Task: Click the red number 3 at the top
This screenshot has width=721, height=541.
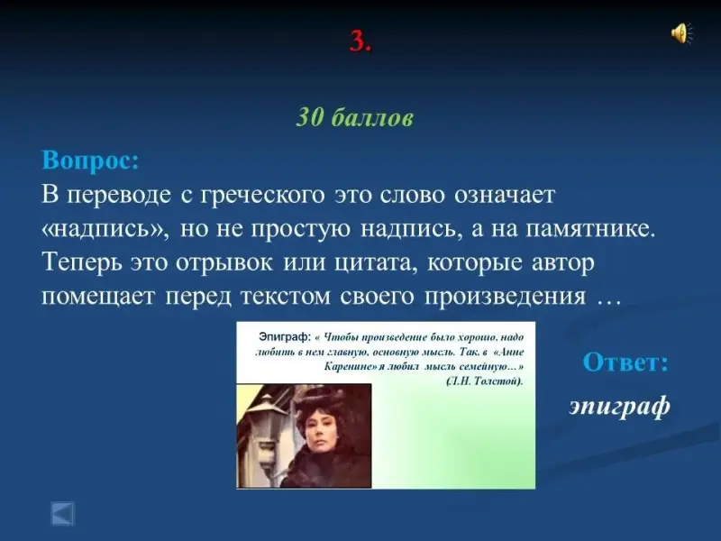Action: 359,41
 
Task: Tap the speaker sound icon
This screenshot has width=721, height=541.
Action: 681,33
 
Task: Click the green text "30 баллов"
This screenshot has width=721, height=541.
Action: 354,118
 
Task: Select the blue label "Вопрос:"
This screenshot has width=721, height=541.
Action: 90,160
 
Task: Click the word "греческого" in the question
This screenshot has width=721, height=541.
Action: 262,195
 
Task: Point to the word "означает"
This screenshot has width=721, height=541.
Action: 505,195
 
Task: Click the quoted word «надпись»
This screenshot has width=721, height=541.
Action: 105,229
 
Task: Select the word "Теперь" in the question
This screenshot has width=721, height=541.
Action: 82,262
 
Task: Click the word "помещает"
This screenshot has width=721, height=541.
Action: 98,297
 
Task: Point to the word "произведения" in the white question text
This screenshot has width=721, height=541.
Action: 505,297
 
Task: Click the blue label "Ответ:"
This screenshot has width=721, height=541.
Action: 625,362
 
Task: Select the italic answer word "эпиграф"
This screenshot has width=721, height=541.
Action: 619,406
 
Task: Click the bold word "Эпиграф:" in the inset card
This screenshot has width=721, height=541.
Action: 285,336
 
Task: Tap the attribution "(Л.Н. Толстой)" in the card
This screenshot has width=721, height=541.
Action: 485,381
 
